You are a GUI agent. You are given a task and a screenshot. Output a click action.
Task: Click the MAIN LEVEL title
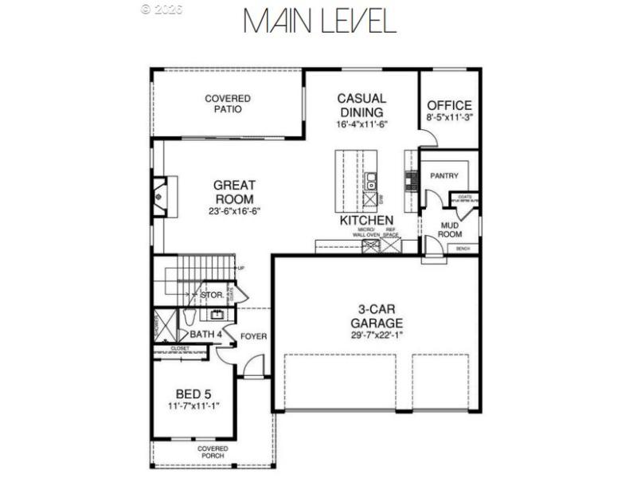tap(319, 22)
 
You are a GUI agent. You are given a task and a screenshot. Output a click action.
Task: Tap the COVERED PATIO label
tap(228, 104)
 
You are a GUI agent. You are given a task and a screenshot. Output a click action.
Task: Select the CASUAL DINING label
tap(361, 105)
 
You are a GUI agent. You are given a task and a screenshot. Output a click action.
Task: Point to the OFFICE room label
tap(449, 105)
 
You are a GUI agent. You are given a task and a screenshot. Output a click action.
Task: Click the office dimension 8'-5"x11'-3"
tap(449, 117)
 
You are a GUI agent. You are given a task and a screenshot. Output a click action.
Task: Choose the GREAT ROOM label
tap(234, 192)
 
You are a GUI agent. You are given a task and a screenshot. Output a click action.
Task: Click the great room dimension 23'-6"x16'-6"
tap(234, 211)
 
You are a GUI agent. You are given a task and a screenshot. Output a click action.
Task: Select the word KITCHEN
tap(366, 220)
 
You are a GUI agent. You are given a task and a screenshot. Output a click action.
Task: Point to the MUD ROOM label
tap(451, 229)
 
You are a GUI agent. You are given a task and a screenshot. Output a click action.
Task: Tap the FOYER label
tap(254, 336)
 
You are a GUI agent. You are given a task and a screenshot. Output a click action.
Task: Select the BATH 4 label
tap(205, 335)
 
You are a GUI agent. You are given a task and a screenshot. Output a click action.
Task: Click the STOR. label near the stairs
tap(210, 295)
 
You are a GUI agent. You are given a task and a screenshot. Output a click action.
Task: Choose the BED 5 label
tap(193, 394)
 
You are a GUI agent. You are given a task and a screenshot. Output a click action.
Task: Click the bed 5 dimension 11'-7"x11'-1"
tap(193, 406)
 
